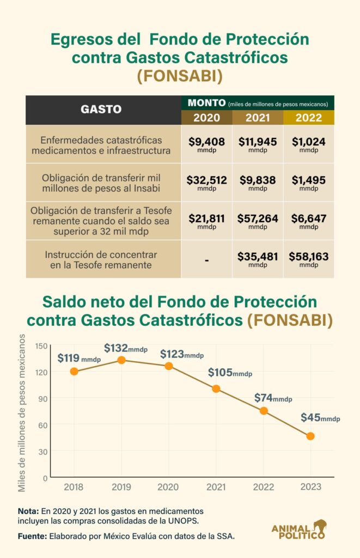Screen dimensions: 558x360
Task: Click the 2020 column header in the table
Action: click(206, 118)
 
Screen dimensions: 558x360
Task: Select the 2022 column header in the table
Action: click(308, 118)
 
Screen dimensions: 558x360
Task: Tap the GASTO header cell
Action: click(101, 109)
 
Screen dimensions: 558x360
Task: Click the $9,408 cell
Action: click(206, 144)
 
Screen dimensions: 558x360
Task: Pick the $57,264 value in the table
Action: click(258, 220)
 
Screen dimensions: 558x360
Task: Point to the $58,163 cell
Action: click(308, 258)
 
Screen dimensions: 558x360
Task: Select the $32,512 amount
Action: click(206, 182)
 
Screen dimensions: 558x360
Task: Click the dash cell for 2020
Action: click(206, 260)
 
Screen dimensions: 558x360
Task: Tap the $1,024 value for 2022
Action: click(308, 144)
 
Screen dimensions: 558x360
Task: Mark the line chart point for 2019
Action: click(121, 360)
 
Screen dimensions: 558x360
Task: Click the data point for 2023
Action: click(310, 436)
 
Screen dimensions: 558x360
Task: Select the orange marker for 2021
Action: click(216, 389)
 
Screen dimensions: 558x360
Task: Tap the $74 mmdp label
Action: click(273, 398)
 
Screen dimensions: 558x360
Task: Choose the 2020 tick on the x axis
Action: click(168, 487)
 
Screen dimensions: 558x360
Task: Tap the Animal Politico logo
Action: click(299, 529)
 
